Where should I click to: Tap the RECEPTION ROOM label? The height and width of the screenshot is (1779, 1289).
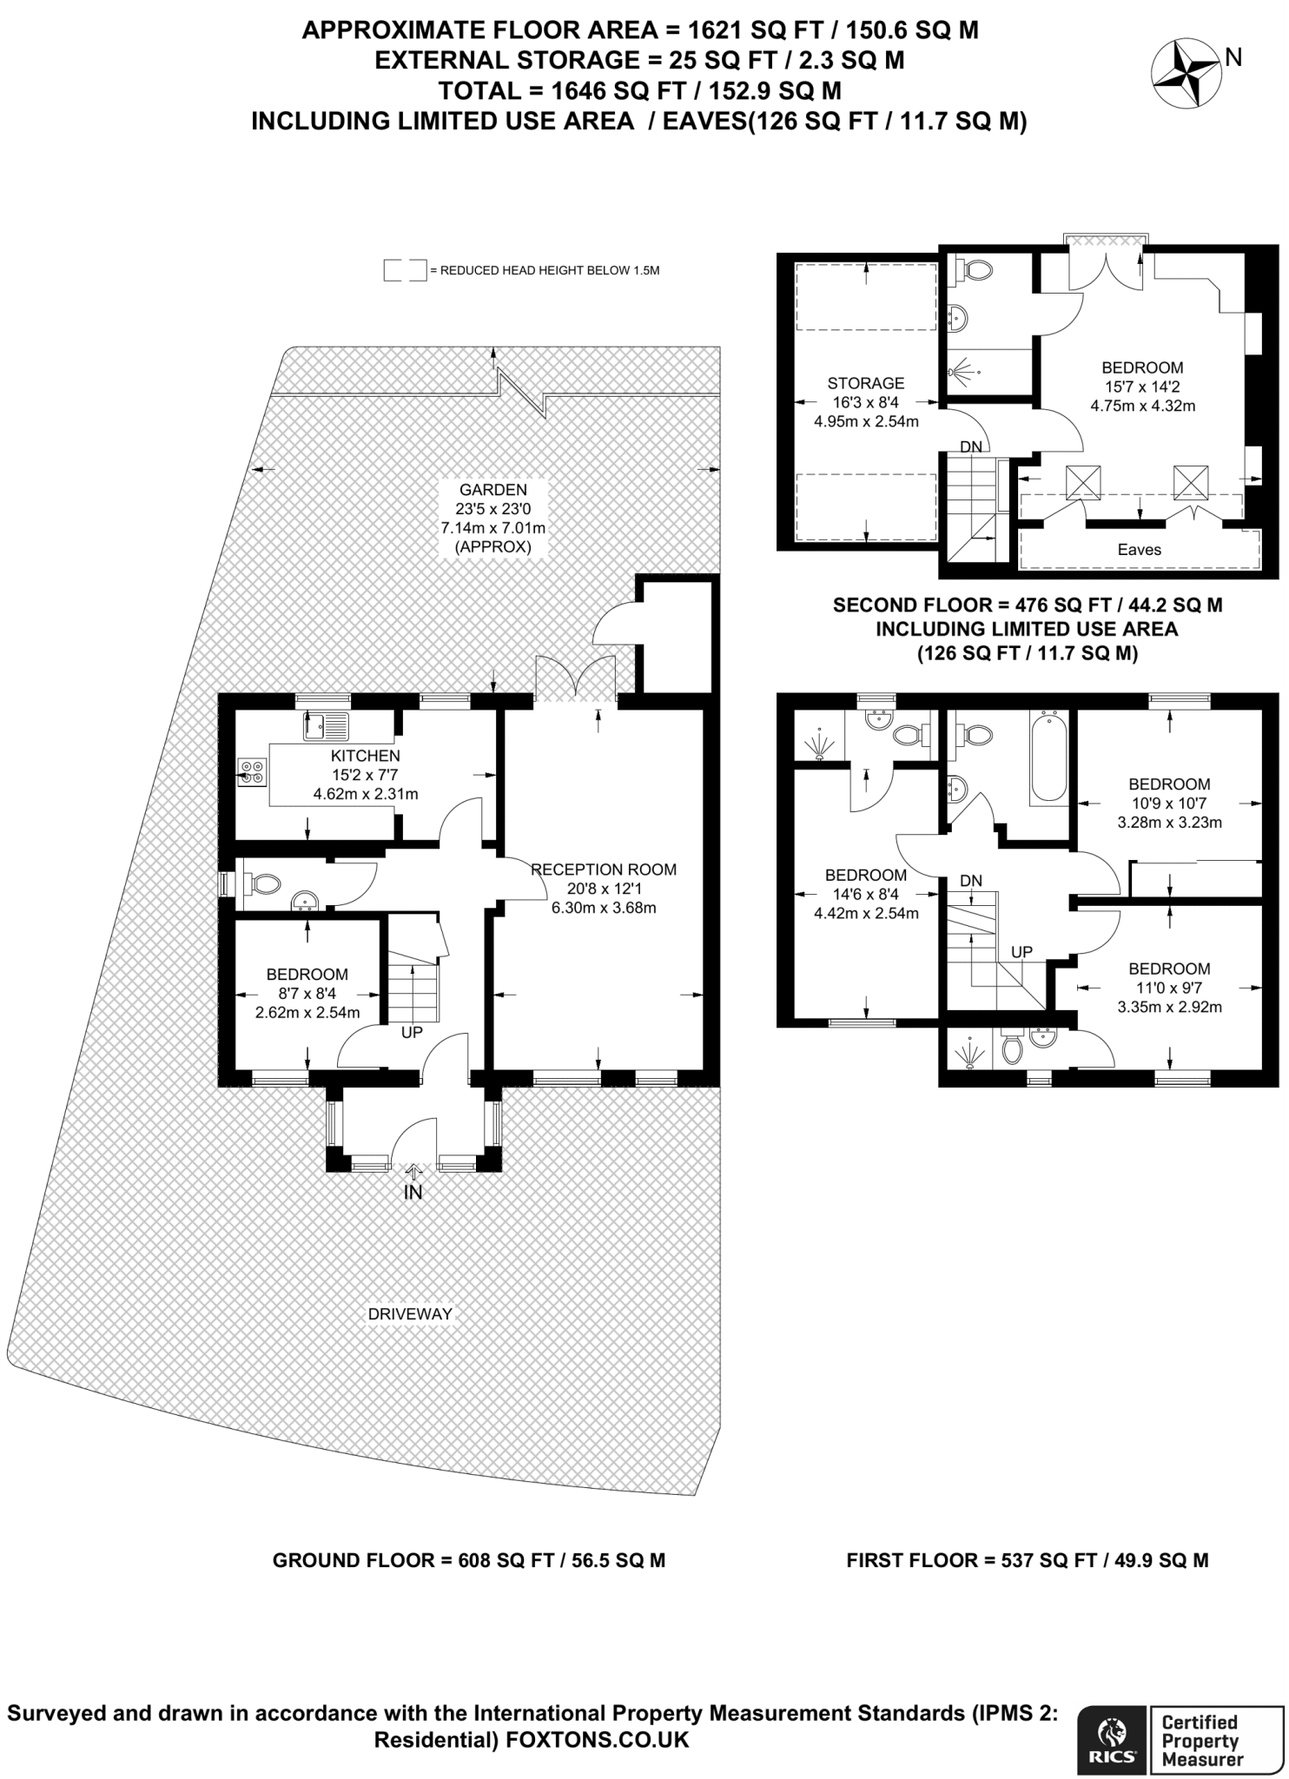(x=604, y=870)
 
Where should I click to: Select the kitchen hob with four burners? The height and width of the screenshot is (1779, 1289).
(x=253, y=772)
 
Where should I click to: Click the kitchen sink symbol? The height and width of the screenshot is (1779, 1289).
(x=327, y=725)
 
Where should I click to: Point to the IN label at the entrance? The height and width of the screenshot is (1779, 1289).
(x=413, y=1194)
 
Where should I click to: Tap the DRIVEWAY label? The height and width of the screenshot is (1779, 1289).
(x=410, y=1314)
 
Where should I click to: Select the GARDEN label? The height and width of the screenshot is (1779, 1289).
(x=493, y=490)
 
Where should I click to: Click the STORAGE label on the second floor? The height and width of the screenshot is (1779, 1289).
(x=865, y=383)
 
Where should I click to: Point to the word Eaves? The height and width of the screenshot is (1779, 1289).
(x=1139, y=549)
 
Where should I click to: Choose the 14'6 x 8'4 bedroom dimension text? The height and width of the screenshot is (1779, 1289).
(x=866, y=894)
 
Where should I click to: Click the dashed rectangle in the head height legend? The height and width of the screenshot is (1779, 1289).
(x=405, y=270)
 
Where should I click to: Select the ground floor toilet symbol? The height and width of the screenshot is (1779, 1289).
(x=262, y=884)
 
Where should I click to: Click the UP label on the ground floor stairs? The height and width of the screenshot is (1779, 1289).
(x=412, y=1033)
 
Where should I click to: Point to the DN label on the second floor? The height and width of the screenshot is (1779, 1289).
(x=970, y=446)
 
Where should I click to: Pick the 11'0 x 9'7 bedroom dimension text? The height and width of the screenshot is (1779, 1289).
(x=1169, y=989)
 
